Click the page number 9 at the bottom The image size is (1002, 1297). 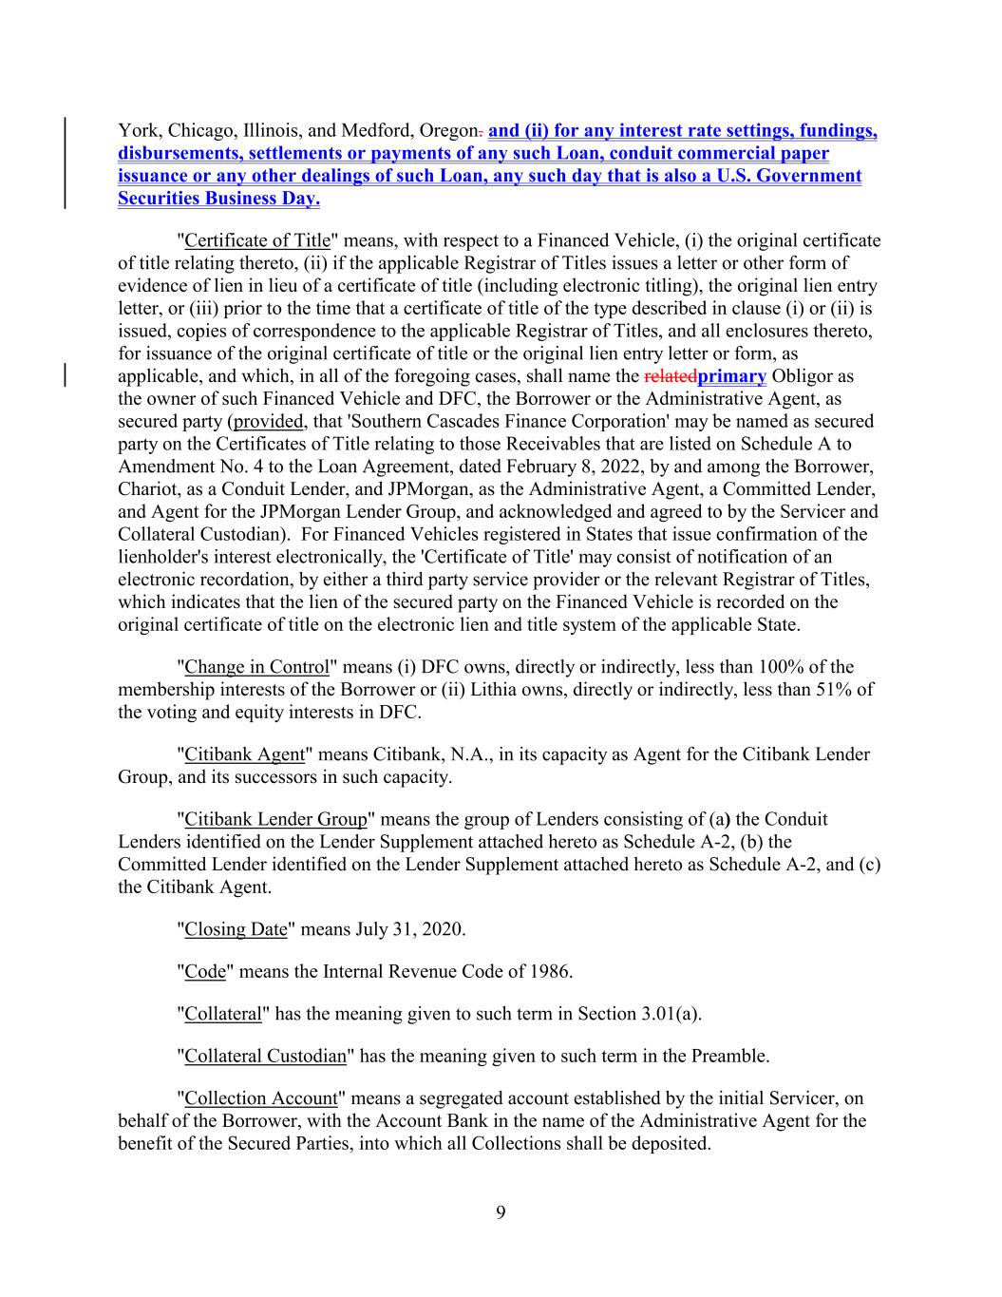pos(501,1211)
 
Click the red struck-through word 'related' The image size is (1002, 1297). pos(670,376)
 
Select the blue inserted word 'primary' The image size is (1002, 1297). pos(731,376)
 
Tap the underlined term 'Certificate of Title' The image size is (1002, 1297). pos(257,240)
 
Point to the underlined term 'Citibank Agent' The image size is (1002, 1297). pos(245,754)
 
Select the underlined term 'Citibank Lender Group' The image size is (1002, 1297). pos(275,819)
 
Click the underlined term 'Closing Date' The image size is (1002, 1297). pos(236,929)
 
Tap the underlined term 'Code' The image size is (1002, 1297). pos(205,971)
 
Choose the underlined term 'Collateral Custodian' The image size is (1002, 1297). pos(265,1056)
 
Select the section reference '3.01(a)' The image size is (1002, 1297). pos(670,1014)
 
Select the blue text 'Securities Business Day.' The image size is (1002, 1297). pos(218,199)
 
